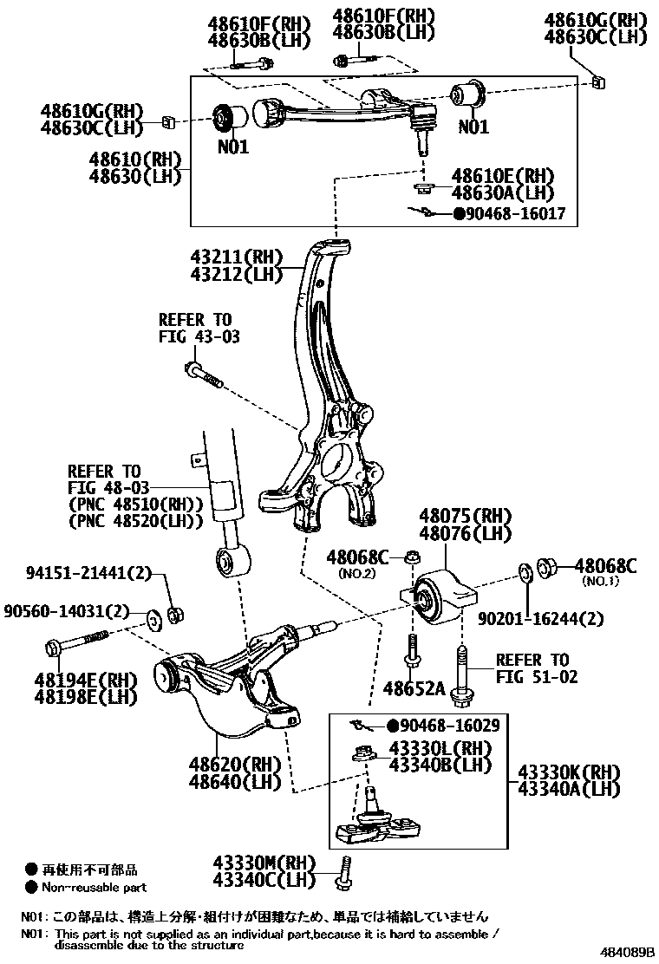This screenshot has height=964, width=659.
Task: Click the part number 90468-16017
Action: pyautogui.click(x=516, y=213)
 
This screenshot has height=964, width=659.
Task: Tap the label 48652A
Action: pyautogui.click(x=414, y=688)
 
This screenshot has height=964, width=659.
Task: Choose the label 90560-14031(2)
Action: pyautogui.click(x=76, y=610)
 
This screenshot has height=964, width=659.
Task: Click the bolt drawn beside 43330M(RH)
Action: pyautogui.click(x=344, y=871)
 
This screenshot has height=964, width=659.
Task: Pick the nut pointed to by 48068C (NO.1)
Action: pyautogui.click(x=549, y=568)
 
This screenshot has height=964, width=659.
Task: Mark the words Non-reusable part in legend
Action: pyautogui.click(x=96, y=887)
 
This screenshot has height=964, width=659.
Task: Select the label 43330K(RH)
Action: pyautogui.click(x=568, y=772)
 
